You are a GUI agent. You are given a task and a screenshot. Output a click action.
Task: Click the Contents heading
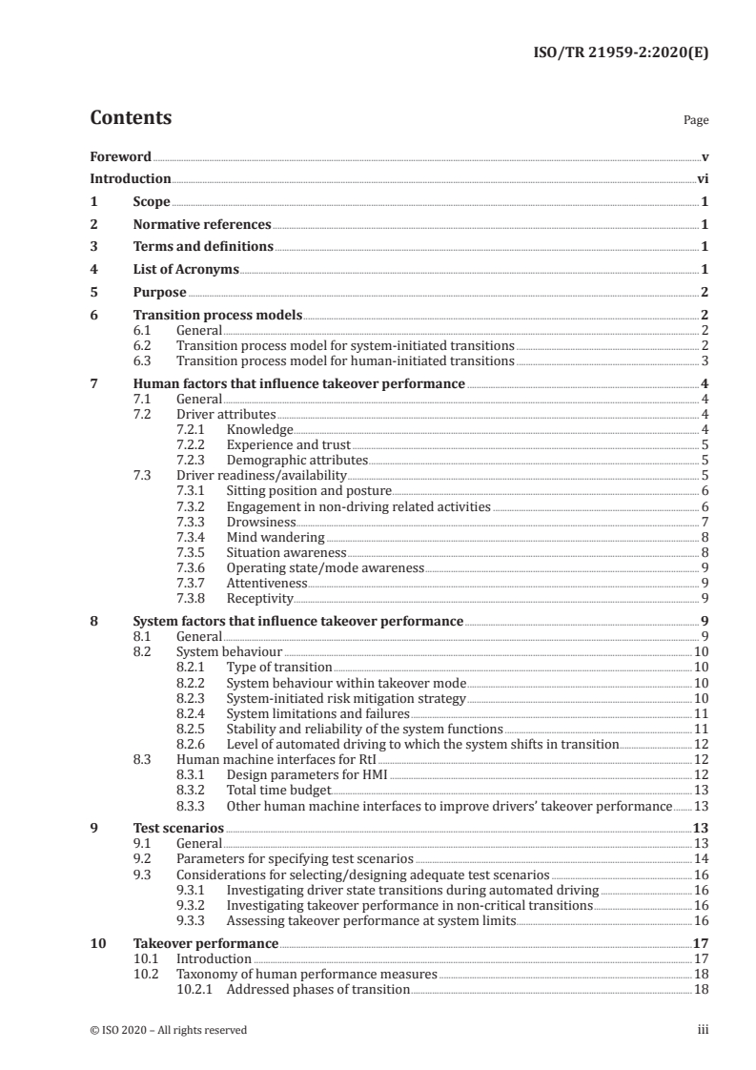point(131,118)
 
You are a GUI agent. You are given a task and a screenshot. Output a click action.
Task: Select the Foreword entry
point(120,156)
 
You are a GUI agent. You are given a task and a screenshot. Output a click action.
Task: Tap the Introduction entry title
point(131,178)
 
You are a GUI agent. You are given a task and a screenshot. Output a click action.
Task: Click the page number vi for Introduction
point(702,178)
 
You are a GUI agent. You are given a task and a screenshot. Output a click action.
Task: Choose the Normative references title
point(202,225)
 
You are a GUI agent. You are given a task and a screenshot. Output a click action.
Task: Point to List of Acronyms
point(186,270)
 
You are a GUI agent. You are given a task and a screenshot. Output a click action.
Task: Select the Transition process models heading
point(217,316)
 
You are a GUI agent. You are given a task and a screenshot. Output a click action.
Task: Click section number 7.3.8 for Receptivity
point(193,599)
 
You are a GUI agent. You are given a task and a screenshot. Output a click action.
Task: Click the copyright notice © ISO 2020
point(169,1030)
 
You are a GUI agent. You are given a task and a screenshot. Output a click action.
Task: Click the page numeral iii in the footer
point(703,1030)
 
